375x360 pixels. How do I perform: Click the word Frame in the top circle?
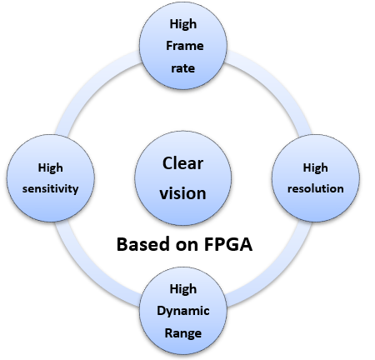pyautogui.click(x=185, y=46)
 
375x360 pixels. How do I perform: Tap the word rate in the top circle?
pyautogui.click(x=183, y=68)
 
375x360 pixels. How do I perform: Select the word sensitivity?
pyautogui.click(x=50, y=189)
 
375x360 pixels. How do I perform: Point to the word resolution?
pyautogui.click(x=316, y=188)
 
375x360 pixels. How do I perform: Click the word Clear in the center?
pyautogui.click(x=182, y=163)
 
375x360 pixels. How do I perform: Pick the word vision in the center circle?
pyautogui.click(x=182, y=193)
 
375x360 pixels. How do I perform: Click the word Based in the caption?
pyautogui.click(x=142, y=244)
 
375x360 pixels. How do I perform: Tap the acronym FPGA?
pyautogui.click(x=228, y=244)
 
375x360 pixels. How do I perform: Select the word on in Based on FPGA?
pyautogui.click(x=187, y=246)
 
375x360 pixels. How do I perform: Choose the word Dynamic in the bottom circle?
pyautogui.click(x=183, y=312)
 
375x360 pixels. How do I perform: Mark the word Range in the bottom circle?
pyautogui.click(x=183, y=333)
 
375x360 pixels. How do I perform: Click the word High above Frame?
pyautogui.click(x=183, y=24)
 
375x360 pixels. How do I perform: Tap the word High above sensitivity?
pyautogui.click(x=50, y=167)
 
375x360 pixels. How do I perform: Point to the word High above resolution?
pyautogui.click(x=316, y=167)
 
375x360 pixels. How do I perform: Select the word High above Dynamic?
pyautogui.click(x=183, y=289)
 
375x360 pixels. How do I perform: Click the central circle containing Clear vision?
pyautogui.click(x=183, y=178)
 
